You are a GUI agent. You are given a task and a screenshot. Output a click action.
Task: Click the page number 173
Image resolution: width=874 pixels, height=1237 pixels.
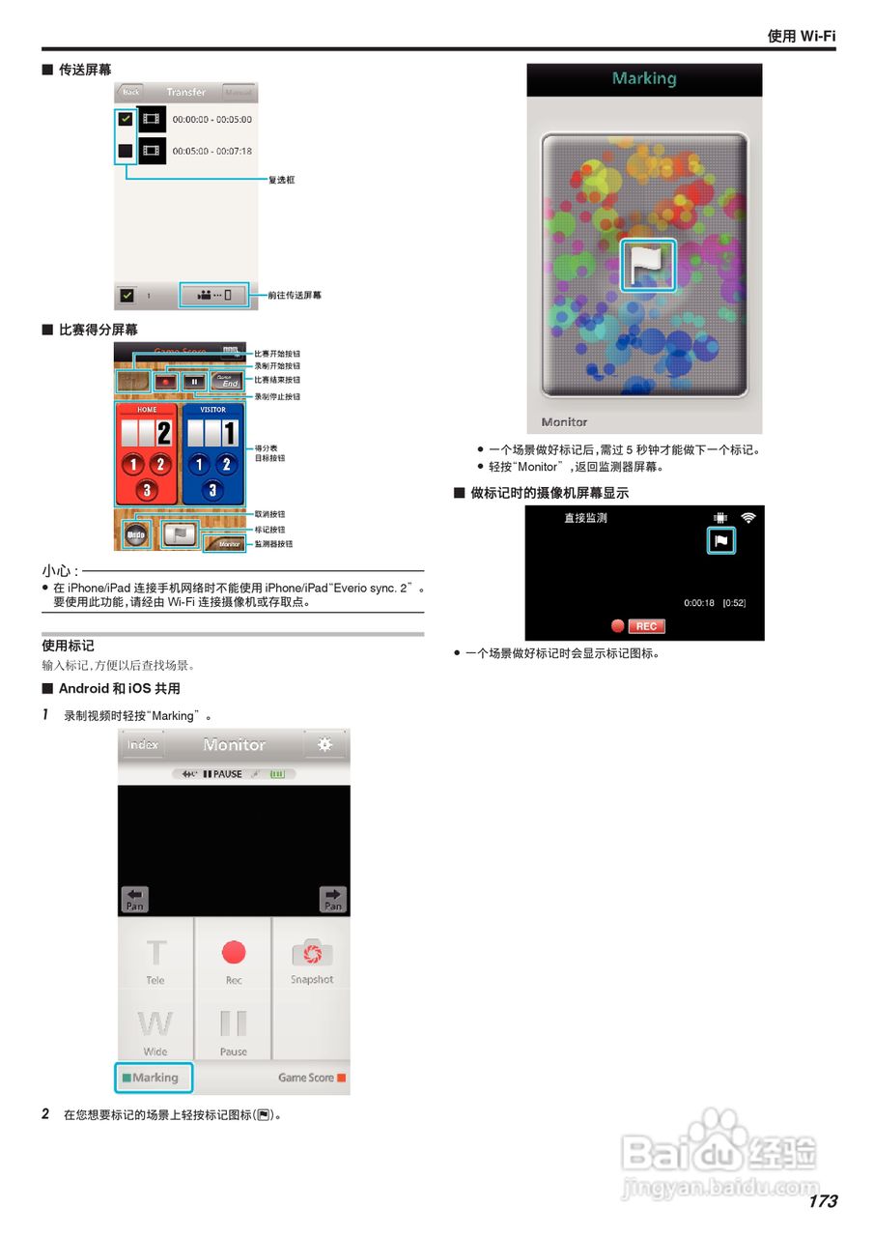tap(822, 1201)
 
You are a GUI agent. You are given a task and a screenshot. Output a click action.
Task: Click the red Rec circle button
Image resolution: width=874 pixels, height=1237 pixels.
tap(234, 953)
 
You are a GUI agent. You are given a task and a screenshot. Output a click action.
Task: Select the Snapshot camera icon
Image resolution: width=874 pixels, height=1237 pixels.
tap(311, 954)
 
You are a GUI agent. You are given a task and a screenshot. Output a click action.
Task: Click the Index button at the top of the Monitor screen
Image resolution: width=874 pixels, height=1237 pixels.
tap(143, 745)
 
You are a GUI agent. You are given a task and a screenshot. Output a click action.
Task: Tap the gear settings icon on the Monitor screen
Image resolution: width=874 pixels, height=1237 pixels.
tap(324, 745)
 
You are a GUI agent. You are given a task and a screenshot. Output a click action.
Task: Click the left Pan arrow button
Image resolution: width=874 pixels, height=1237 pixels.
tap(135, 899)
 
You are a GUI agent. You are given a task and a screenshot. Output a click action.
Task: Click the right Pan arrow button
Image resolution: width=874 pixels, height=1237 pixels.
tap(332, 899)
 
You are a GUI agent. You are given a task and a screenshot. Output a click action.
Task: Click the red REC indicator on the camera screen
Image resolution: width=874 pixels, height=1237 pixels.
tap(645, 626)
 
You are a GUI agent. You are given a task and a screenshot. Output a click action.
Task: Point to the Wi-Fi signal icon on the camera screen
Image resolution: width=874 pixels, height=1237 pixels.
tap(748, 519)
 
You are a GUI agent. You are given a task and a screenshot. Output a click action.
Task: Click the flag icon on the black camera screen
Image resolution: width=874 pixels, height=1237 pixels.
tap(720, 541)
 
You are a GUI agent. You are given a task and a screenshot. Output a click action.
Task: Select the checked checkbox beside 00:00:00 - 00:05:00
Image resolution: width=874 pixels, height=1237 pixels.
tap(126, 120)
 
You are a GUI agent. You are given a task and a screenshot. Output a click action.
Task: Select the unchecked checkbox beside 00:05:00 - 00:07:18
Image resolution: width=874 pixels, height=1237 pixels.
tap(126, 151)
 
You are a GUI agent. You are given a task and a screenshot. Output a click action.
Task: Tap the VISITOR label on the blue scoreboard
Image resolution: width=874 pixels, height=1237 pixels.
tap(212, 410)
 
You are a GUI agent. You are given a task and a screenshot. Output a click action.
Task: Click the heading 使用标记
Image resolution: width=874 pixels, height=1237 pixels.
tap(68, 646)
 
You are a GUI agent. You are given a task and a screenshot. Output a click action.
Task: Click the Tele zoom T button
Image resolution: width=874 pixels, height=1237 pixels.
tap(155, 955)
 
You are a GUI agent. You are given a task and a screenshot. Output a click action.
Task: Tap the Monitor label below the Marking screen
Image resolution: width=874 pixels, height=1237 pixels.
tap(565, 422)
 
